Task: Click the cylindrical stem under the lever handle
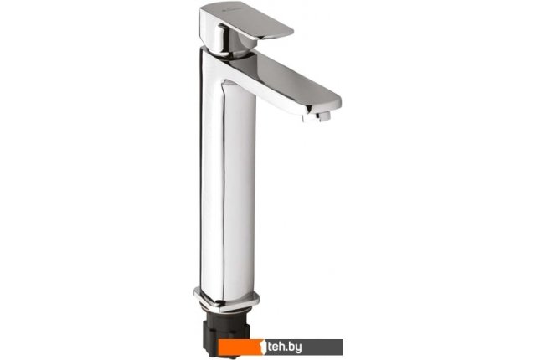pos(233,43)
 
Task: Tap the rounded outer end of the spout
pos(333,102)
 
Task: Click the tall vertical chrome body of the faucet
pos(228,177)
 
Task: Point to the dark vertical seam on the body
pos(224,191)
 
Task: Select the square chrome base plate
pos(226,300)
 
